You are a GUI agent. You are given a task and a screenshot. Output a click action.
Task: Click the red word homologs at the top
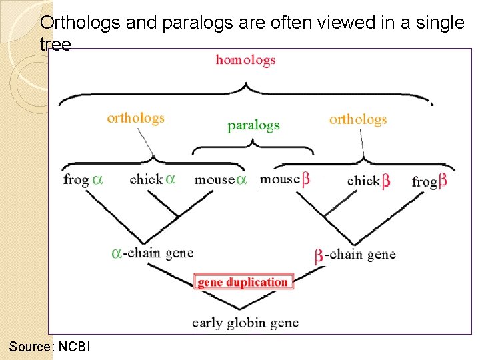point(245,60)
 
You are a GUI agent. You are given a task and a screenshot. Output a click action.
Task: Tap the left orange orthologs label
point(135,119)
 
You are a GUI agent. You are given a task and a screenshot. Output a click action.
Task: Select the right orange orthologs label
point(358,120)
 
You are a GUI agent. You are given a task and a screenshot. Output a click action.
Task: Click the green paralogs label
point(253,125)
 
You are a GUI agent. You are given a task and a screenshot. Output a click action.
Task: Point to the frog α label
point(83,180)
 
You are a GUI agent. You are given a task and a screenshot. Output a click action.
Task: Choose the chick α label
point(153,179)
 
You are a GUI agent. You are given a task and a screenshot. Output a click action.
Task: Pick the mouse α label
point(221,179)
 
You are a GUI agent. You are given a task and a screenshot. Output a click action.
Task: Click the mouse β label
point(285,179)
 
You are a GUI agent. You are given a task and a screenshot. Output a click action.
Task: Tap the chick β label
point(369,181)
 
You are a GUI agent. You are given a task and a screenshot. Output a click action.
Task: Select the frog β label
point(429,181)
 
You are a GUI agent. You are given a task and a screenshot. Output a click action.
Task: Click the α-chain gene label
point(153,253)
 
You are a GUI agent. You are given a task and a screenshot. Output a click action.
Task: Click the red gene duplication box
point(243,282)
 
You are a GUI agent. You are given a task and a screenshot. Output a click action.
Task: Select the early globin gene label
point(245,323)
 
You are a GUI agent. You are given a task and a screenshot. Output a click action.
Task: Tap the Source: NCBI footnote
point(50,347)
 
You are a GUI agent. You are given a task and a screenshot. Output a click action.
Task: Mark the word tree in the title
point(55,44)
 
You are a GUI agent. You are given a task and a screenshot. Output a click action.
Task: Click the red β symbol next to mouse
point(305,179)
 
